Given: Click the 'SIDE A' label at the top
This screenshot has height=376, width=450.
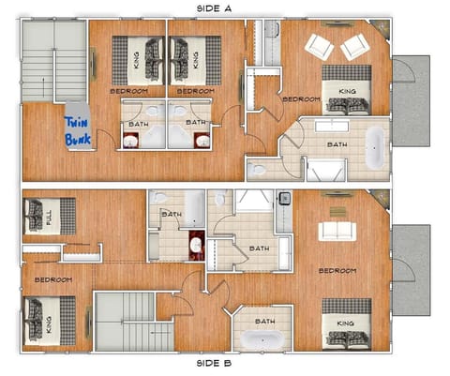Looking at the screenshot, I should (215, 8).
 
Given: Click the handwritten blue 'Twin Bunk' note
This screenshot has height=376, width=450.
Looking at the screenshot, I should (77, 130).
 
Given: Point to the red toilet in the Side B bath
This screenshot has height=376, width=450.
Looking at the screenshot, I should (196, 247).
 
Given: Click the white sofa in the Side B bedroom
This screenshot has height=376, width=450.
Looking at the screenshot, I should (336, 230).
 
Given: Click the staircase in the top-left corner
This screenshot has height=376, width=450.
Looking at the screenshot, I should (53, 61).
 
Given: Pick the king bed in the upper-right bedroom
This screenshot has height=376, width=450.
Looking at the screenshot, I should (346, 92).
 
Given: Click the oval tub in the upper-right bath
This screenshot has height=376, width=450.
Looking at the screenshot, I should (374, 147).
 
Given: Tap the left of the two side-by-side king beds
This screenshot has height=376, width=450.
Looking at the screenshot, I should (139, 60).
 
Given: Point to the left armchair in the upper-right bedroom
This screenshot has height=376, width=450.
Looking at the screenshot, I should (318, 46).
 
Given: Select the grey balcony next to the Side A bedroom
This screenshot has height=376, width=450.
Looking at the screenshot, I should (410, 101).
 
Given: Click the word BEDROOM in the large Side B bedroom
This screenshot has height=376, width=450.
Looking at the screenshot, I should (337, 271).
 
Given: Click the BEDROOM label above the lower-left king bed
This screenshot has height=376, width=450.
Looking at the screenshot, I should (53, 279).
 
